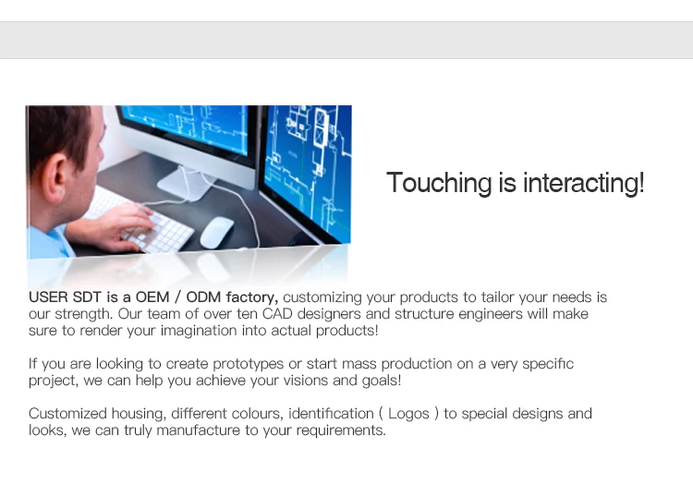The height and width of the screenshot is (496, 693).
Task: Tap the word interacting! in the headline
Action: [x=583, y=183]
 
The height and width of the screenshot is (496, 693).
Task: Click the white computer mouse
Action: [x=216, y=233]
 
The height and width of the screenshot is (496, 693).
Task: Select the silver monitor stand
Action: [x=186, y=182]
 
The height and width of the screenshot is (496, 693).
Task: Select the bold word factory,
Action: [x=252, y=297]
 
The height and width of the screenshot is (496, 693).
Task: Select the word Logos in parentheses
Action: [x=408, y=415]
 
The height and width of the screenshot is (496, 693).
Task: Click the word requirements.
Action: [x=341, y=430]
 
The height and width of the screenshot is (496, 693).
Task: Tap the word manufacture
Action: [x=199, y=430]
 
